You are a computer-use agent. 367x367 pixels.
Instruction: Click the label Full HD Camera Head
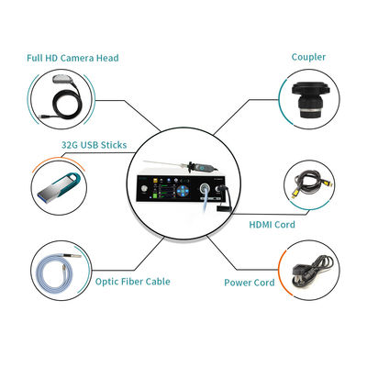[x=72, y=58]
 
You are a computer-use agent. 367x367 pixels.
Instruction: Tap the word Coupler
[x=308, y=57]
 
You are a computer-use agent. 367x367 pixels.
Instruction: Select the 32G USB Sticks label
[x=94, y=145]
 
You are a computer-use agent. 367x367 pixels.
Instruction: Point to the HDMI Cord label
[x=272, y=225]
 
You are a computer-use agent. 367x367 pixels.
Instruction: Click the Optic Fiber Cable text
[x=132, y=282]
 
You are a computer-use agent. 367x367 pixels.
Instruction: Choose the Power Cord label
[x=250, y=283]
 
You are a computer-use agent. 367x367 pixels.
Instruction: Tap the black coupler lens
[x=310, y=100]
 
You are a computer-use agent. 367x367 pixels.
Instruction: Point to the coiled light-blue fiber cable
[x=57, y=271]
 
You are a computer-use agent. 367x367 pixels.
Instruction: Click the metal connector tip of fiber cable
[x=74, y=255]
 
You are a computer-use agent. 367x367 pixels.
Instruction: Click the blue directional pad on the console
[x=183, y=192]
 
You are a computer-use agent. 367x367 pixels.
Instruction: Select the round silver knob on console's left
[x=144, y=189]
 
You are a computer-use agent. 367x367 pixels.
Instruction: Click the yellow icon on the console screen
[x=156, y=180]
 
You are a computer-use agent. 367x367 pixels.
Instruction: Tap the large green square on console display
[x=156, y=195]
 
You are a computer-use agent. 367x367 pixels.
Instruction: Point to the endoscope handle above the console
[x=203, y=168]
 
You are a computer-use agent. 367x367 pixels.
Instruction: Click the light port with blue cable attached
[x=204, y=187]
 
